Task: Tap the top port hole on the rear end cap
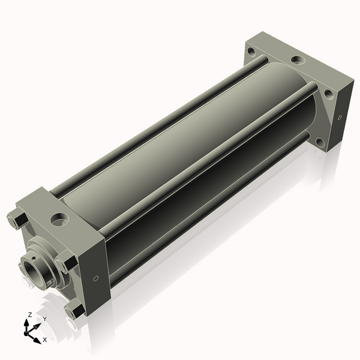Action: (297, 60)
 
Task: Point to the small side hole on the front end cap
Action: (96, 278)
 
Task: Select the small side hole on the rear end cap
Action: (340, 117)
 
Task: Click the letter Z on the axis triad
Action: (29, 314)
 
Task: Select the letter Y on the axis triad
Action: (44, 319)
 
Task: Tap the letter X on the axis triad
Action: (44, 340)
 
